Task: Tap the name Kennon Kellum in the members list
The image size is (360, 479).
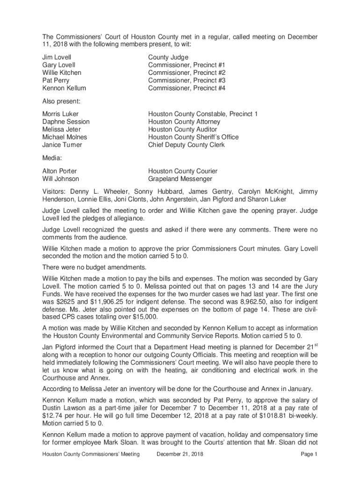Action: (64, 88)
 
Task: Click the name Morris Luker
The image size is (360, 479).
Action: (60, 114)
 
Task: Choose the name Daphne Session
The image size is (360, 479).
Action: (66, 122)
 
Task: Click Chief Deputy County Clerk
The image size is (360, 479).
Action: (187, 145)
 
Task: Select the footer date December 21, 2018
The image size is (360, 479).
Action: (180, 454)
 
